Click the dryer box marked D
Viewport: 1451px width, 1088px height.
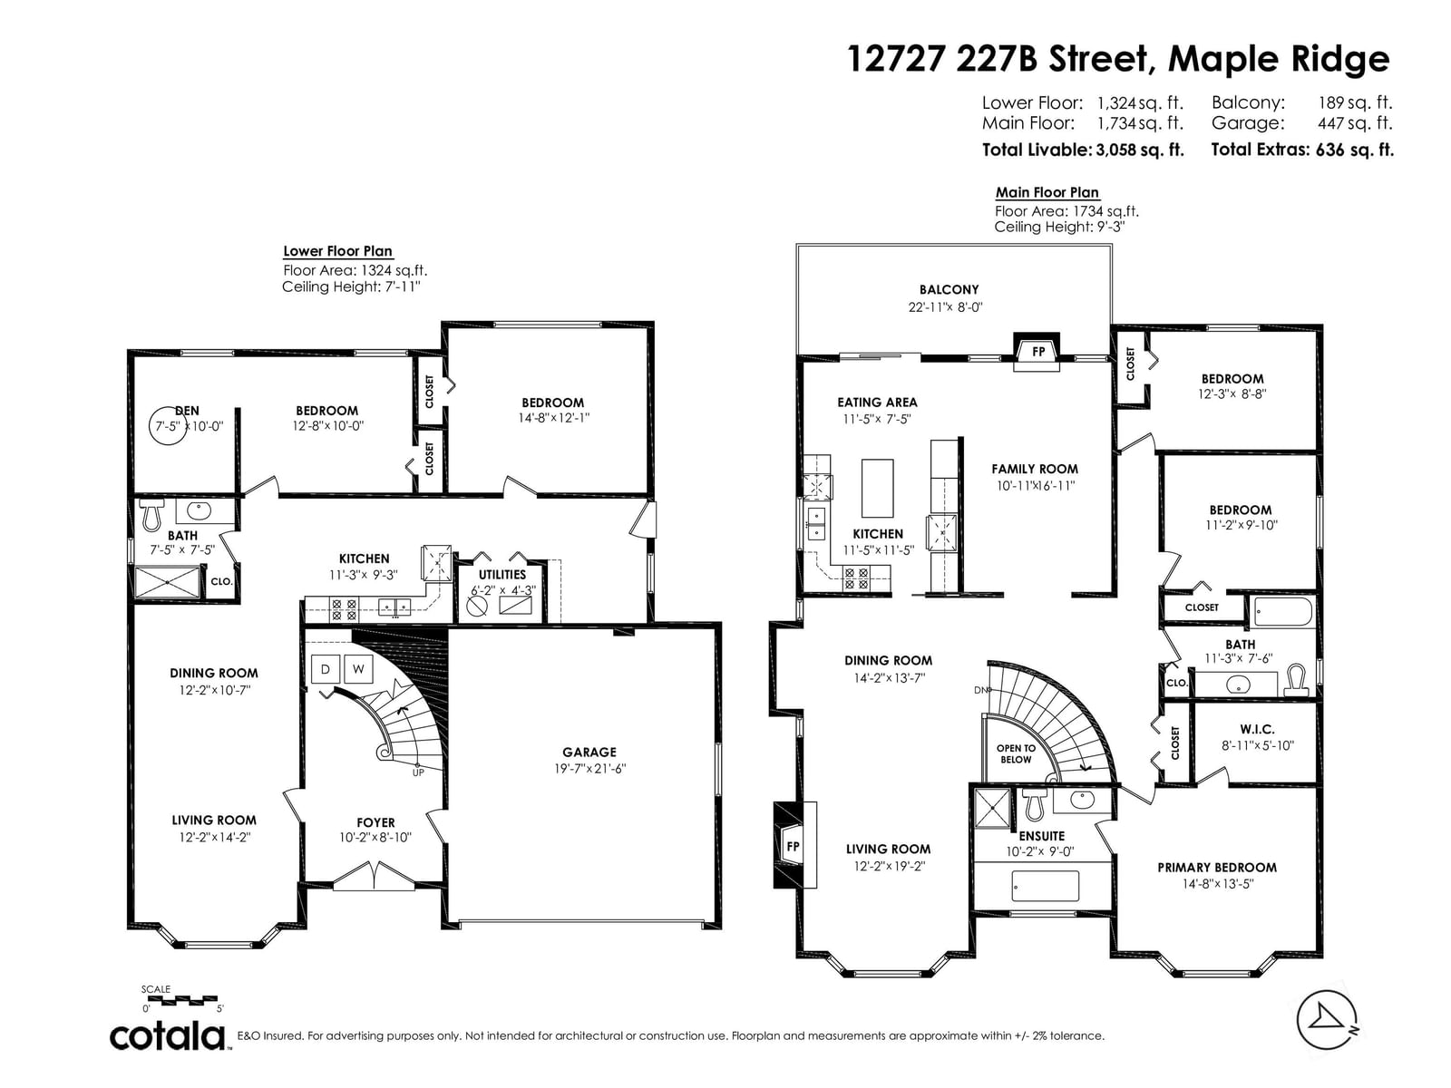[326, 669]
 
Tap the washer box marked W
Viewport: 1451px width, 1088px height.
[358, 669]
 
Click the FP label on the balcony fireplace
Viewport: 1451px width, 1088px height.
[1037, 352]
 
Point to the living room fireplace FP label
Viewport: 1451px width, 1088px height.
[793, 846]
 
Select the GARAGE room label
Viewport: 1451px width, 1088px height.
[589, 752]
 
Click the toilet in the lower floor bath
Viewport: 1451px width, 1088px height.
[152, 514]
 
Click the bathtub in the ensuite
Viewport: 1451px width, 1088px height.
[1045, 886]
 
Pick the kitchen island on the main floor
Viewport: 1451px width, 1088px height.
[878, 488]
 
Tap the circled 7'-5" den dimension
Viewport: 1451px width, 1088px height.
[168, 426]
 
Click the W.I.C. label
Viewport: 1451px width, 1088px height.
[1257, 729]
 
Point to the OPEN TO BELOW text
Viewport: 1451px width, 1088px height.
[1016, 753]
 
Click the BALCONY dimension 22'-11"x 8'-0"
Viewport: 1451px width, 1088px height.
[946, 307]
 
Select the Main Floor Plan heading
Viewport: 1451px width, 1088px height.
[1047, 192]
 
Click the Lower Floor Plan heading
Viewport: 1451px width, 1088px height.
[337, 251]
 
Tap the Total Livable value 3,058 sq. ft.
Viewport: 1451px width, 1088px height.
[1140, 150]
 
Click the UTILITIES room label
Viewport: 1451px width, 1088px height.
[502, 575]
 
